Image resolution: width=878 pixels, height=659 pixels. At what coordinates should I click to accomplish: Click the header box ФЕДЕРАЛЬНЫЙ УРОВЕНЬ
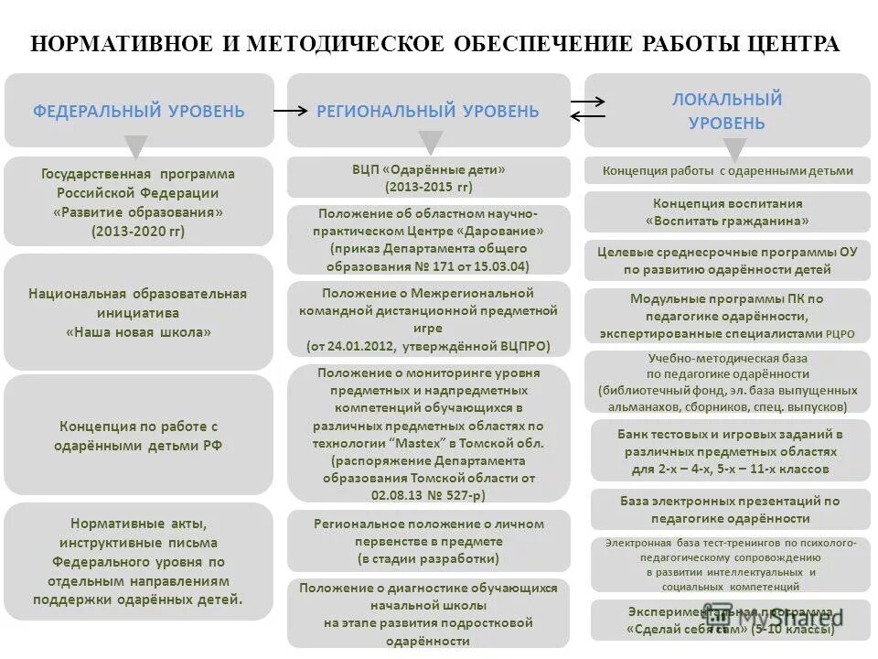pos(139,111)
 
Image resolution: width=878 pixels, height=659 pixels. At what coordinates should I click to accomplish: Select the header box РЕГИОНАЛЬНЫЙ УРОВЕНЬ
pos(428,111)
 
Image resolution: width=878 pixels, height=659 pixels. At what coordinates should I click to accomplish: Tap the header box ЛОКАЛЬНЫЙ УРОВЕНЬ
pos(727,110)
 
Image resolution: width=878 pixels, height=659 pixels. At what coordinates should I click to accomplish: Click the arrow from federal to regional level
pos(292,111)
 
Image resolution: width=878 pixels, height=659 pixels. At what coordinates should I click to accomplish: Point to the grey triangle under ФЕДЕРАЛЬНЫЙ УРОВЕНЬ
pos(136,146)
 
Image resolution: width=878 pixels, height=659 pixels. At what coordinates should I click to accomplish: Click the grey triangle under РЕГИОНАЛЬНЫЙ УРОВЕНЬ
pos(431,143)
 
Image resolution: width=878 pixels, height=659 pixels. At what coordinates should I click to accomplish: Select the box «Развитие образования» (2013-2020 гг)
pos(138,201)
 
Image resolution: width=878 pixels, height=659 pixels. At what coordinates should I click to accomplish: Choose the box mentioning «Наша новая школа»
pos(138,312)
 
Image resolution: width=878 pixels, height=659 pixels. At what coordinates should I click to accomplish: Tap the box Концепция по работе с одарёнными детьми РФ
pos(138,436)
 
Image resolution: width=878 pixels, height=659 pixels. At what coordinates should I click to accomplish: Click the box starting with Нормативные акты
pos(138,561)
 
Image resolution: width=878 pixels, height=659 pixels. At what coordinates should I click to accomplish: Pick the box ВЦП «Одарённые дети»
pos(428,178)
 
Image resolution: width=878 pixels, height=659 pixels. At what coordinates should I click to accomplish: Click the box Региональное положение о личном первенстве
pos(428,540)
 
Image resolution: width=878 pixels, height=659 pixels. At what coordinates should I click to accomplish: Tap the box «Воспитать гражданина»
pos(727,211)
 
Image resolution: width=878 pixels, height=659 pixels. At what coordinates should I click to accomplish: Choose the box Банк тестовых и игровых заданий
pos(730,451)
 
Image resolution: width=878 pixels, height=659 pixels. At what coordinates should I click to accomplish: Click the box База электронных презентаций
pos(729,509)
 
